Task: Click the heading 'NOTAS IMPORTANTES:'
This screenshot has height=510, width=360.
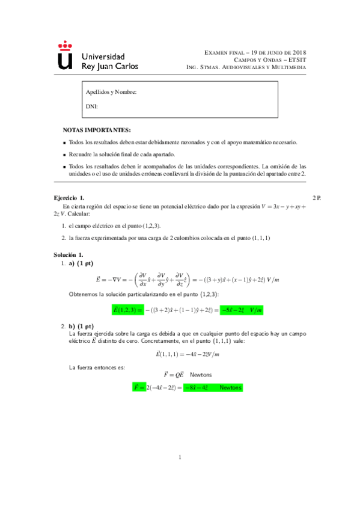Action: click(x=96, y=130)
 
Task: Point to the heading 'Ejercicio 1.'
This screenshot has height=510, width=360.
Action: click(x=69, y=198)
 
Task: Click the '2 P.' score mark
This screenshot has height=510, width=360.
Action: click(x=318, y=198)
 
